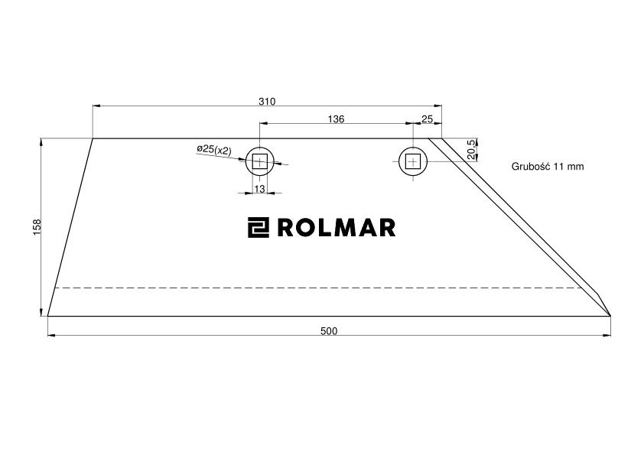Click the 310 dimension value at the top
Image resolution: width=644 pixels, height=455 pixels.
267,102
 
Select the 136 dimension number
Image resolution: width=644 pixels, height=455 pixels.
336,119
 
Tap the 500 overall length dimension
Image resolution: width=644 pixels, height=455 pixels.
329,331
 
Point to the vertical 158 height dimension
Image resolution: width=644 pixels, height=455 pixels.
37,227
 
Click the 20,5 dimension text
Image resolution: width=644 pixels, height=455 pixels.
471,149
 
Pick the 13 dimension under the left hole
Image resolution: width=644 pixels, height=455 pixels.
259,189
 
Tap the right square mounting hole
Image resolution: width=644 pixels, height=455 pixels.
413,161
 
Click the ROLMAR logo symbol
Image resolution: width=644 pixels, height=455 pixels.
259,228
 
